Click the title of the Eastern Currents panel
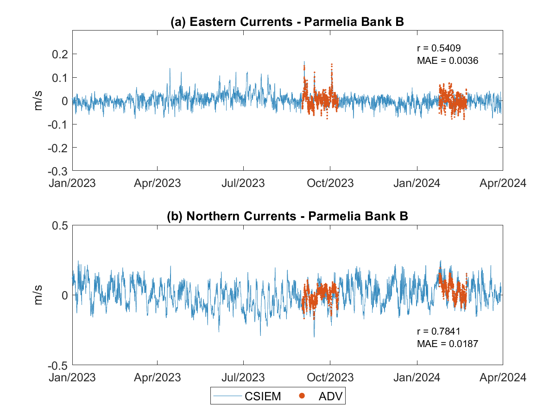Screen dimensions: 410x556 coord(288,22)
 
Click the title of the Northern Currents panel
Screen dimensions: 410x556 coord(288,217)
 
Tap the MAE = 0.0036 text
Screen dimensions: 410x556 coord(448,60)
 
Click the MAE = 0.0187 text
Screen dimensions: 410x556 coord(448,343)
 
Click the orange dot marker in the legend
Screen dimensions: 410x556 coord(303,396)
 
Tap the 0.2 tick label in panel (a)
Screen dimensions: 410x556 coord(61,54)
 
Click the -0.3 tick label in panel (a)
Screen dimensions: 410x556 coord(58,171)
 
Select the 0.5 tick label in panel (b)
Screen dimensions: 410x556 coord(61,225)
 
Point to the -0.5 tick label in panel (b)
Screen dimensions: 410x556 coord(58,365)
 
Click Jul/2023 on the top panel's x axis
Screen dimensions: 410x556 coord(243,183)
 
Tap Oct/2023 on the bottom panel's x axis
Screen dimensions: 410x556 coord(330,377)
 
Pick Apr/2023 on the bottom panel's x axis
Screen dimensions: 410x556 coord(158,377)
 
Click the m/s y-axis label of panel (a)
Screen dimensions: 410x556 coord(39,101)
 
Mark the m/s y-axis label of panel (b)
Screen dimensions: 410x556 coord(39,295)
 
